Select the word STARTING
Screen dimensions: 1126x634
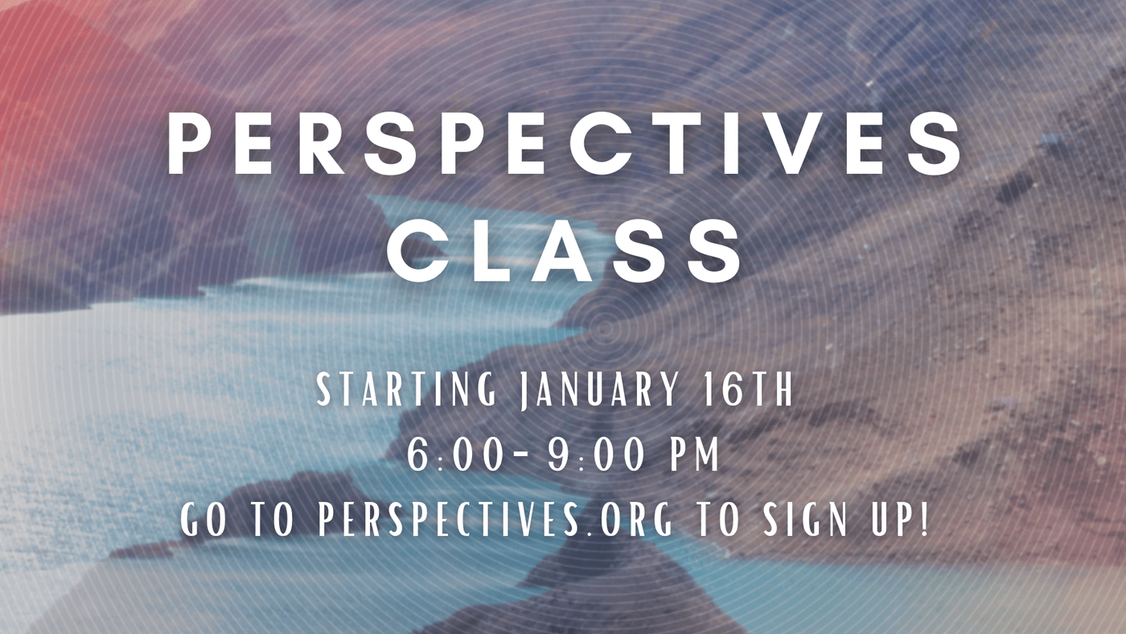pos(407,389)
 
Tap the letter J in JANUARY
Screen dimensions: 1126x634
pos(525,391)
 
